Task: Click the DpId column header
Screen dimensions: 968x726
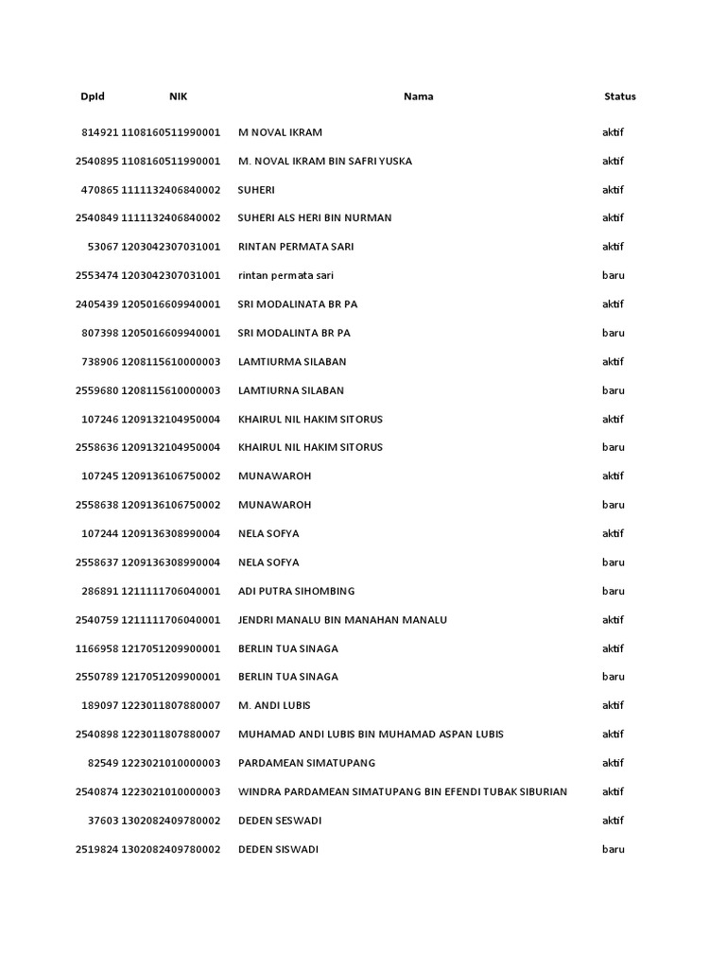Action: click(93, 96)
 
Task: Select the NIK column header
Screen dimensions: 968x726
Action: click(179, 96)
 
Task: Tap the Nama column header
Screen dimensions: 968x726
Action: click(419, 96)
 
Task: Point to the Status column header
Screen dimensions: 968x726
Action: click(620, 96)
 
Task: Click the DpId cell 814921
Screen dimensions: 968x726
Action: click(100, 132)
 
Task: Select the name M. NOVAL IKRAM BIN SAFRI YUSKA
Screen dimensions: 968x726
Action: click(325, 161)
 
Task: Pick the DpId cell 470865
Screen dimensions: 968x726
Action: click(100, 190)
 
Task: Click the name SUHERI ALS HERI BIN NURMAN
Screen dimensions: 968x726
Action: click(315, 218)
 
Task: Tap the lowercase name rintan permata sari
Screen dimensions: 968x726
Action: click(285, 276)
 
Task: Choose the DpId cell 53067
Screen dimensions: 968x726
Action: click(103, 247)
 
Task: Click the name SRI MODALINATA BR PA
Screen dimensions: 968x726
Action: click(298, 304)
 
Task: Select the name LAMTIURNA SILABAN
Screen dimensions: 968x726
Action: click(291, 390)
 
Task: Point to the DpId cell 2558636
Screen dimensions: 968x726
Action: click(96, 447)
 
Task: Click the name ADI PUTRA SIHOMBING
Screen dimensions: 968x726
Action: click(297, 591)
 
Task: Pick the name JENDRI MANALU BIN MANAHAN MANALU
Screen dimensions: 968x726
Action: click(342, 620)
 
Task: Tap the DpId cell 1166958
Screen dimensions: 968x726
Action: click(96, 648)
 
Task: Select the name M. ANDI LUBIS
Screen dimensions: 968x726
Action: click(274, 705)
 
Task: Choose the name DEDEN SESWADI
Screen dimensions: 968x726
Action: click(279, 821)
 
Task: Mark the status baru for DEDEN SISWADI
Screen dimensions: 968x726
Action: click(614, 849)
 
